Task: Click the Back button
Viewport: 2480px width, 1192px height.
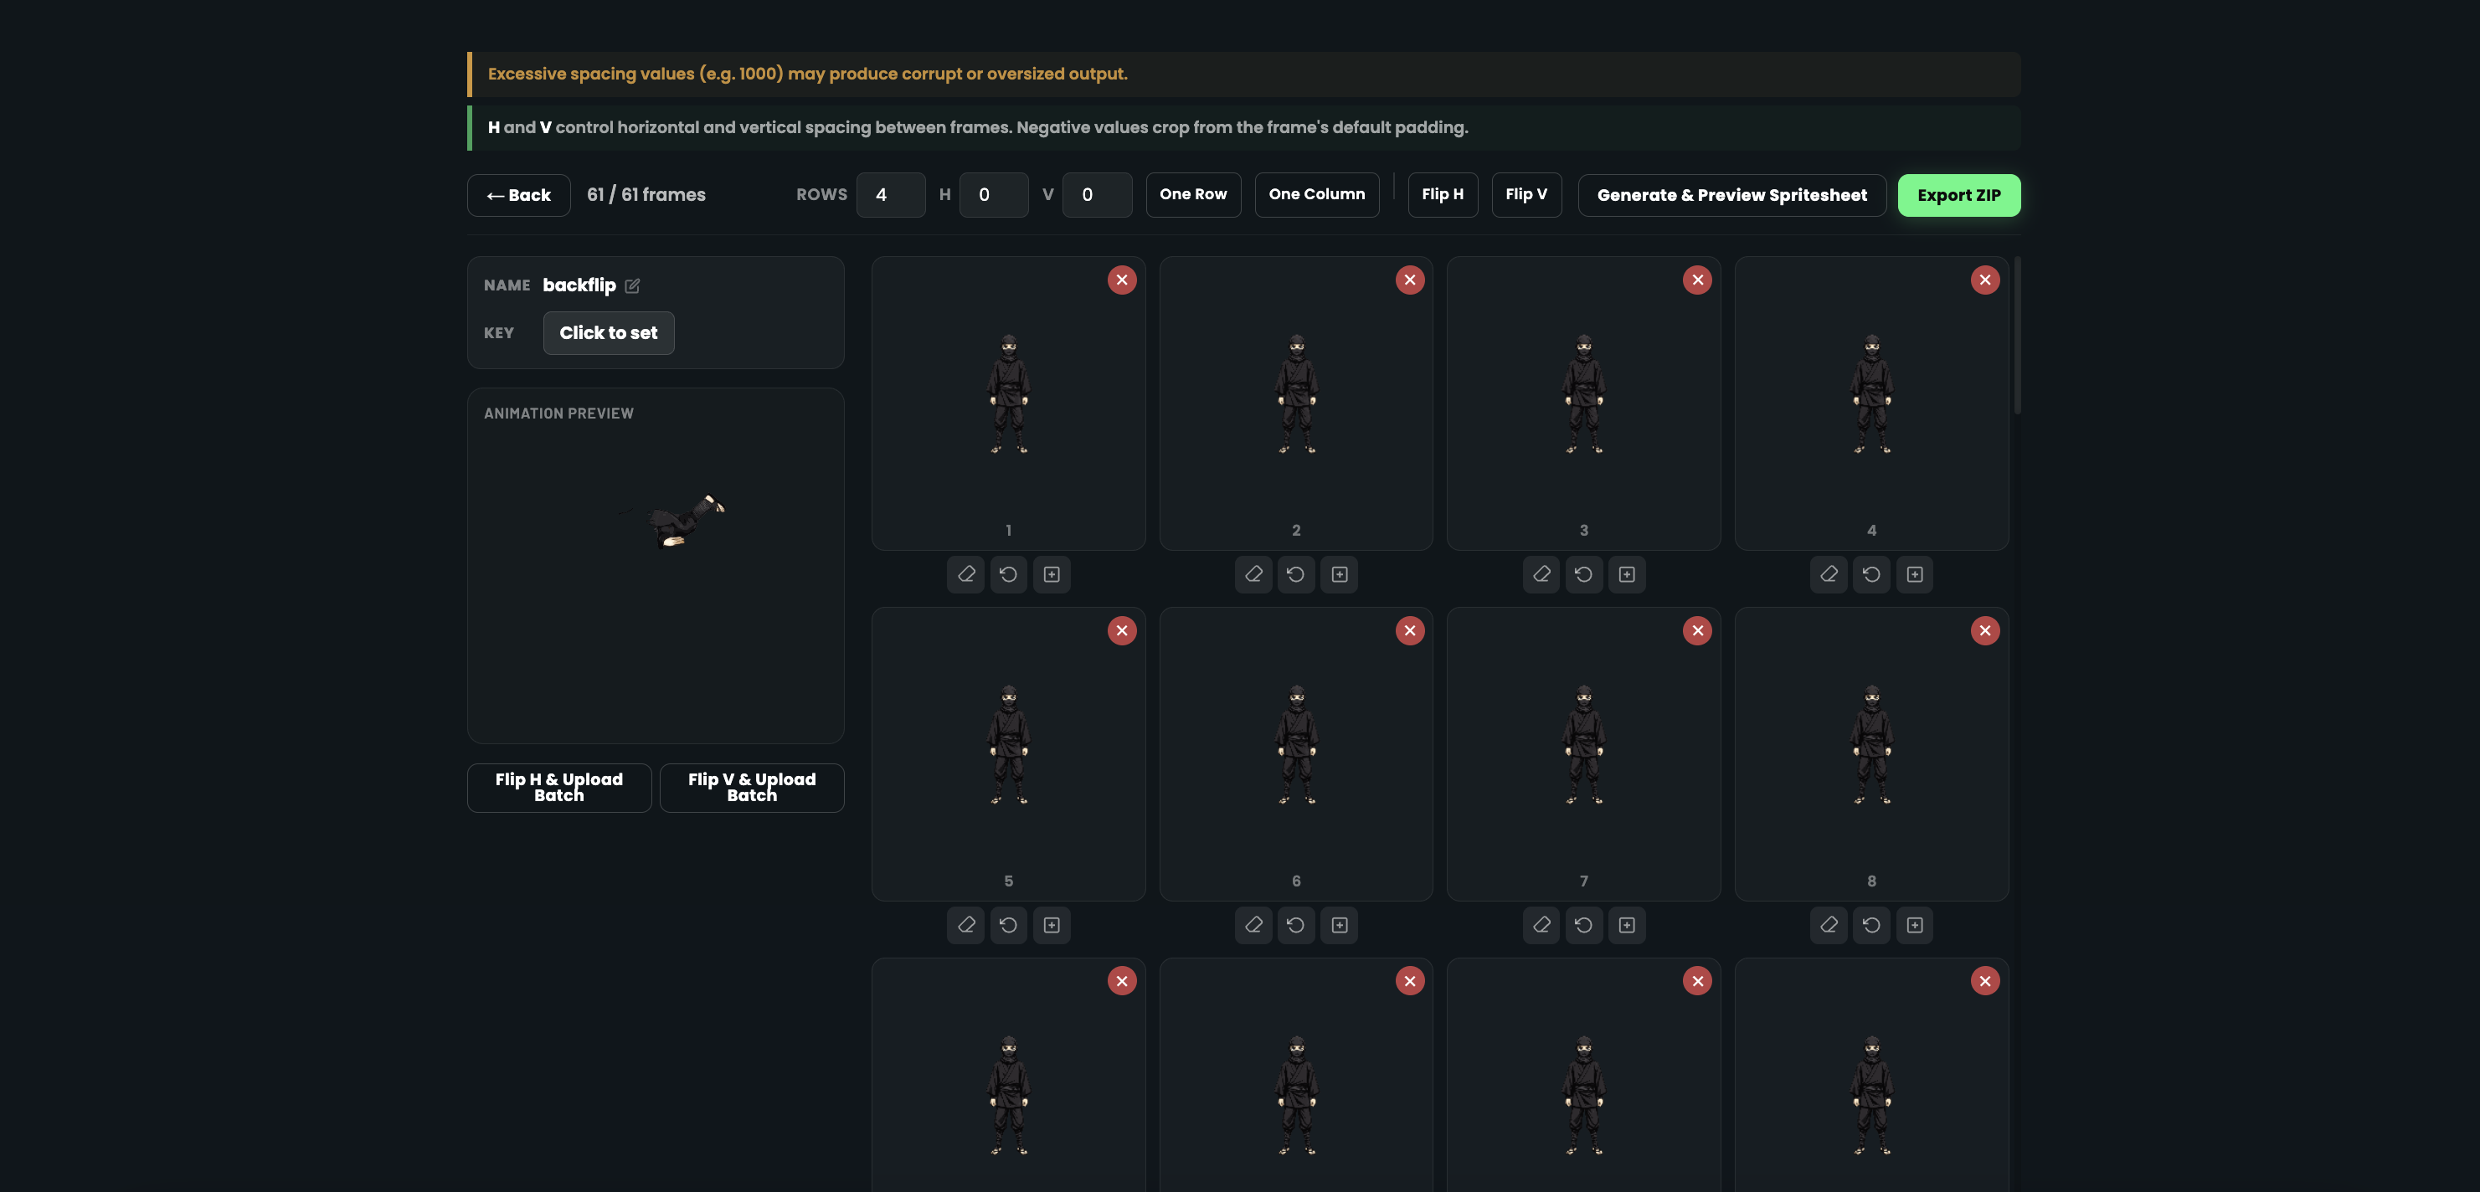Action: tap(518, 195)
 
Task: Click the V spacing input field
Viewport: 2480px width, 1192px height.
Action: tap(1096, 195)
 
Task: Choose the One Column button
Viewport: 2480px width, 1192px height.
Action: tap(1316, 194)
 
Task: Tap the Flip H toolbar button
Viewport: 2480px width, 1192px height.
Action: tap(1442, 194)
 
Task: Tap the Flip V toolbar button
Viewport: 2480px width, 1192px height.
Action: tap(1526, 194)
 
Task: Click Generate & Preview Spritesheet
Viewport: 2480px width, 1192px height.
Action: tap(1731, 195)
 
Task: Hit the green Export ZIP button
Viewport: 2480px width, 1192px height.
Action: tap(1958, 195)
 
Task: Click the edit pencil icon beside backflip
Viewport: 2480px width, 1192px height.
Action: tap(632, 286)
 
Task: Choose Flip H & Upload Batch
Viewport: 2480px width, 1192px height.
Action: tap(558, 788)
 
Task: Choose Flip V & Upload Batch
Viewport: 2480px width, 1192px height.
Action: tap(751, 788)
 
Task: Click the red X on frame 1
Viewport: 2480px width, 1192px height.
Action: tap(1122, 280)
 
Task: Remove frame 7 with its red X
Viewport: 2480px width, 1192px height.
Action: tap(1696, 630)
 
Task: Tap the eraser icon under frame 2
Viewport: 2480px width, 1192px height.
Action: tap(1253, 575)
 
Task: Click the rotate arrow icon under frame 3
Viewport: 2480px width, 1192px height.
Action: tap(1582, 575)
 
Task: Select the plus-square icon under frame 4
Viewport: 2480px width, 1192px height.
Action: tap(1914, 575)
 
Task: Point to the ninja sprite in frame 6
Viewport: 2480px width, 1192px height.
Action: tap(1296, 744)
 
